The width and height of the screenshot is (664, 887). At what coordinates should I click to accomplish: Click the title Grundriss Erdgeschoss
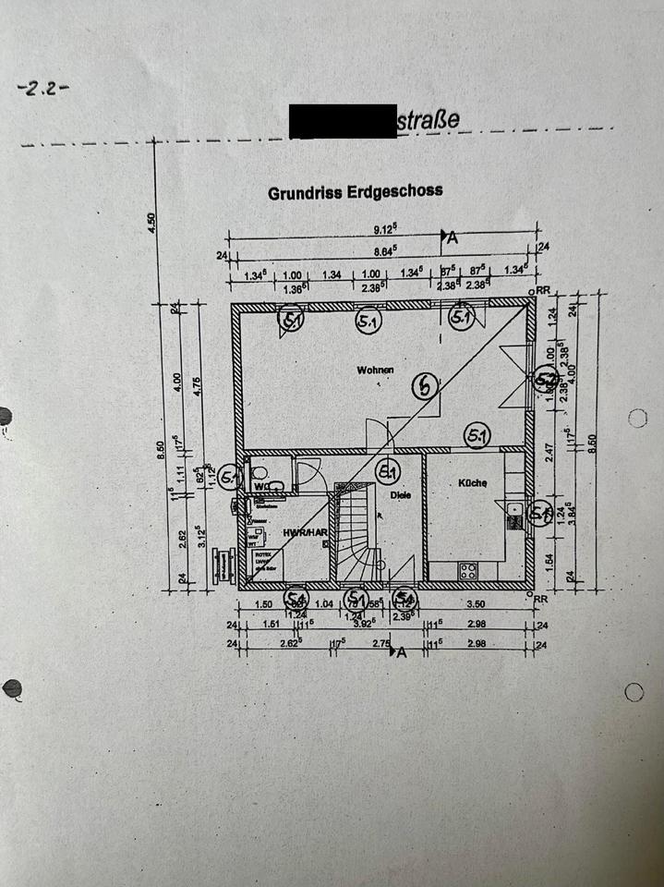(x=355, y=192)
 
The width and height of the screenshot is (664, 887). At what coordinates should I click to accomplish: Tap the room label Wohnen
(x=376, y=370)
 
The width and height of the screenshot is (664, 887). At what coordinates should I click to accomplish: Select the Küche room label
(x=472, y=483)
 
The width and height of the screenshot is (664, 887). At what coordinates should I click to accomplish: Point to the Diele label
(x=399, y=494)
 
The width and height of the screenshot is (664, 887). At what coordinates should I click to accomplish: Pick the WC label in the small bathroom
(x=261, y=484)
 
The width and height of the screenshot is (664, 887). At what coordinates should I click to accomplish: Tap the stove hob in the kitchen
(x=468, y=570)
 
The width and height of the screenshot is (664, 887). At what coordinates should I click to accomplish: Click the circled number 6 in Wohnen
(x=424, y=386)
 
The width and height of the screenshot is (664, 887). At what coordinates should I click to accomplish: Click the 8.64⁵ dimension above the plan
(x=384, y=249)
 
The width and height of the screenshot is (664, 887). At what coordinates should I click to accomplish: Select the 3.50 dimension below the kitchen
(x=477, y=603)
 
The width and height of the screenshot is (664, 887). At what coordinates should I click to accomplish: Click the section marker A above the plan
(x=452, y=237)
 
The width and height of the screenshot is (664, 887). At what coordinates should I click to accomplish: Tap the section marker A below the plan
(x=401, y=652)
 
